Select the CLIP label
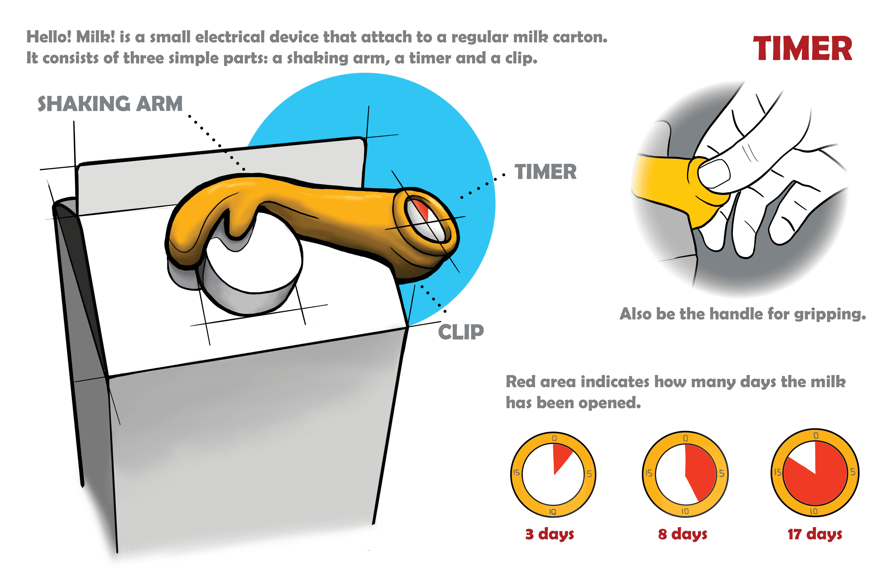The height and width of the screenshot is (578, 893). click(x=461, y=332)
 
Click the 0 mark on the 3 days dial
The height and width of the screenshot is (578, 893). click(x=554, y=438)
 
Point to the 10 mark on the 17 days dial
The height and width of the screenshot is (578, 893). click(x=814, y=512)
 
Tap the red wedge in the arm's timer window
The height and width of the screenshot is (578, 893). click(x=422, y=210)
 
